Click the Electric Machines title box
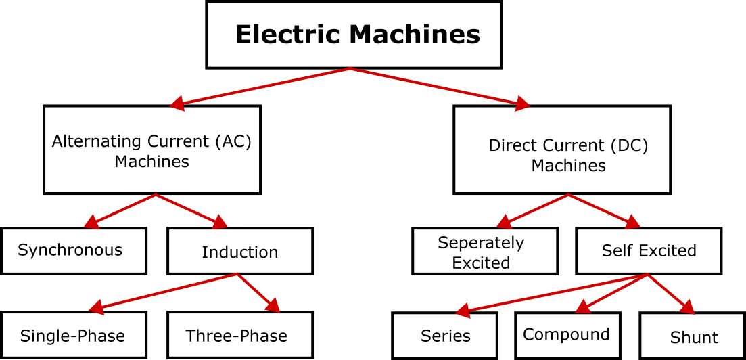pyautogui.click(x=354, y=35)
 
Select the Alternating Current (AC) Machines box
pyautogui.click(x=151, y=150)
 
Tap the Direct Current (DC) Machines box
pyautogui.click(x=562, y=150)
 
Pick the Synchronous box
pyautogui.click(x=73, y=250)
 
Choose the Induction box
pyautogui.click(x=239, y=251)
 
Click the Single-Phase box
pyautogui.click(x=73, y=335)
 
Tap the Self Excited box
pyautogui.click(x=649, y=250)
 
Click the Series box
pyautogui.click(x=444, y=336)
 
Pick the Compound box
pyautogui.click(x=567, y=335)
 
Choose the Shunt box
pyautogui.click(x=693, y=336)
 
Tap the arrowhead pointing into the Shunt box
pyautogui.click(x=687, y=308)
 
